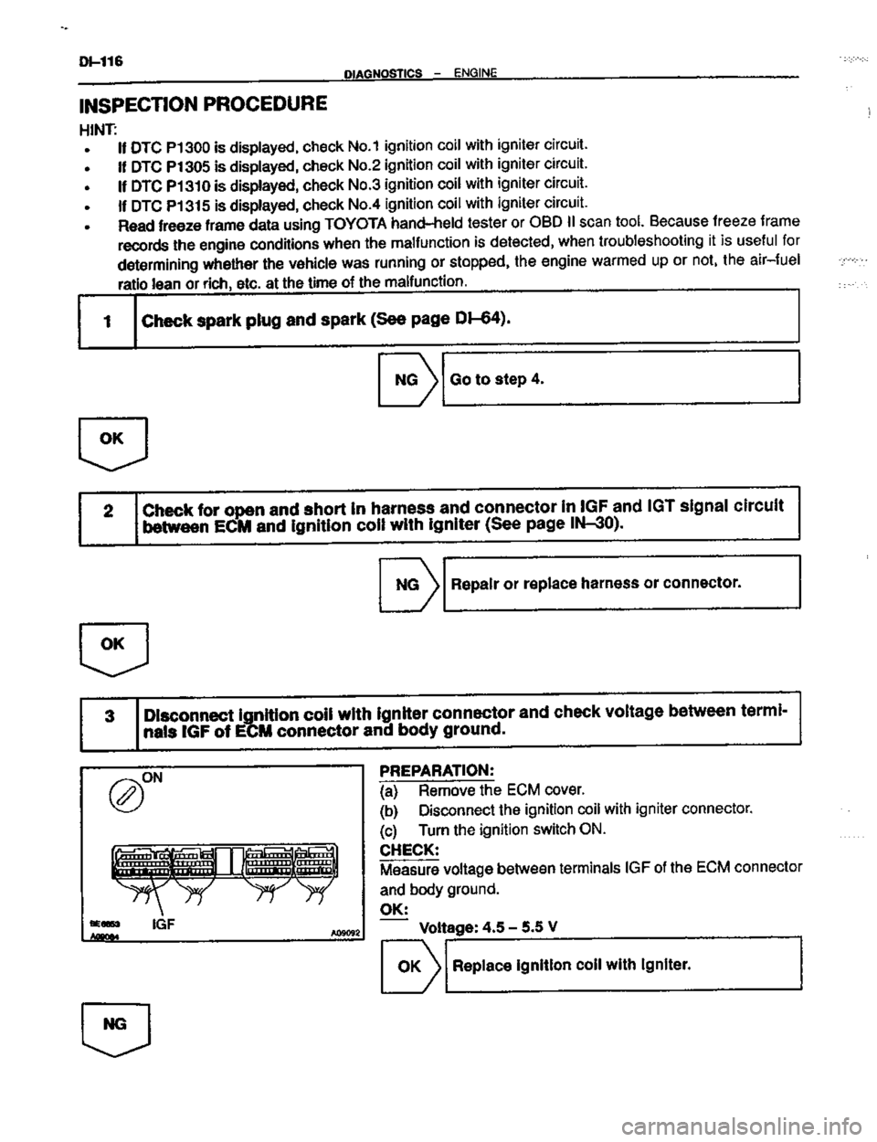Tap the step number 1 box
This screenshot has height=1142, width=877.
click(x=108, y=319)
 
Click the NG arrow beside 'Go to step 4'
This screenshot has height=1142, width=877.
click(x=408, y=377)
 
